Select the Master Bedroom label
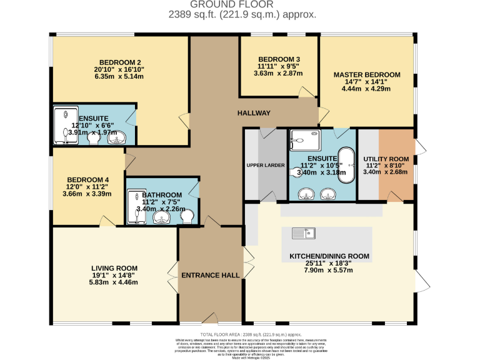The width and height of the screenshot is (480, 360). point(366,74)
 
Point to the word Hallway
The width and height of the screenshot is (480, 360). point(253,113)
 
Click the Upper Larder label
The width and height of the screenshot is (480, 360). point(265,165)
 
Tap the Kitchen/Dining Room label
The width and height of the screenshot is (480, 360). point(329,256)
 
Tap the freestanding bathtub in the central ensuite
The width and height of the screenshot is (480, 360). point(344,166)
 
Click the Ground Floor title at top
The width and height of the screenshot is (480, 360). point(240,4)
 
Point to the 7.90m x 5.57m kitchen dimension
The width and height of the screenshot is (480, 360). point(329,271)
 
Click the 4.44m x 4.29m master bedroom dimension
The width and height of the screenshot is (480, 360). point(366,89)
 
